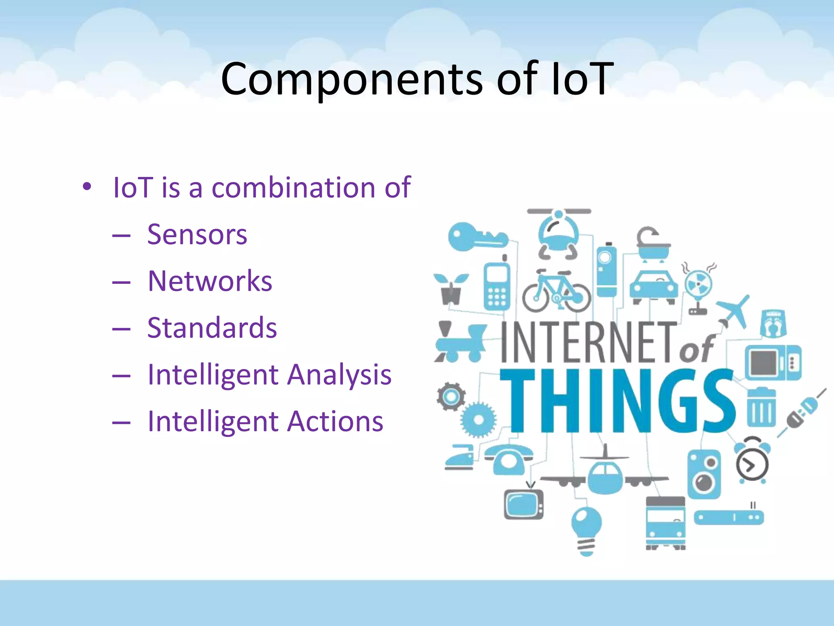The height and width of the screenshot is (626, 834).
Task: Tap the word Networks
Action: pyautogui.click(x=210, y=281)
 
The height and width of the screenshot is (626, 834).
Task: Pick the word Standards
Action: pyautogui.click(x=212, y=328)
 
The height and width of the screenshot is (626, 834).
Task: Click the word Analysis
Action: pyautogui.click(x=339, y=375)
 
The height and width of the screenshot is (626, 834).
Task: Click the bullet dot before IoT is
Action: pyautogui.click(x=87, y=187)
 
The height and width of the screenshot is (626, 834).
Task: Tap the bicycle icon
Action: pyautogui.click(x=556, y=291)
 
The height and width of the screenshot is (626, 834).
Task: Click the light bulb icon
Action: pyautogui.click(x=586, y=530)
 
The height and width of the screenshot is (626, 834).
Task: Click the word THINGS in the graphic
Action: pyautogui.click(x=617, y=401)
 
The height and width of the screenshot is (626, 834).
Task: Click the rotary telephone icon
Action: pyautogui.click(x=508, y=458)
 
